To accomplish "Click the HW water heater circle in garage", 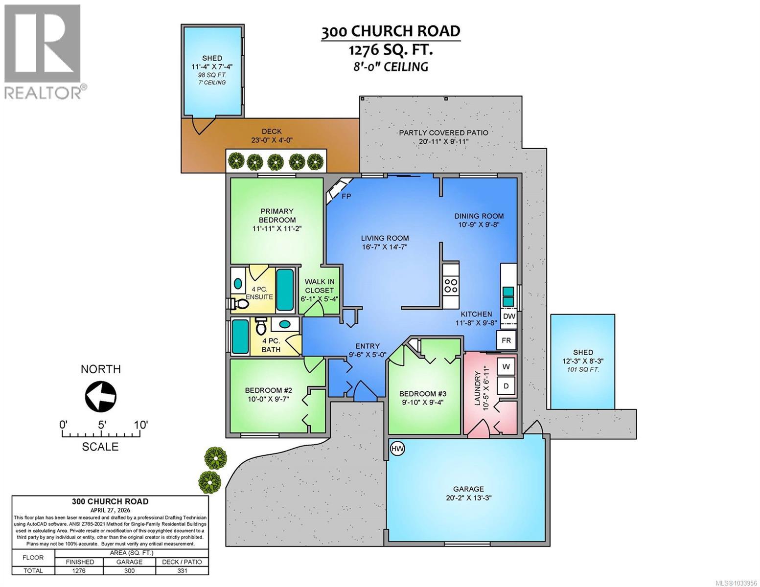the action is pos(397,449).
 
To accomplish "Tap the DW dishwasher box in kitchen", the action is pos(509,316).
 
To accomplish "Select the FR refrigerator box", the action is pos(506,340).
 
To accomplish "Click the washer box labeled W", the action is pos(506,367).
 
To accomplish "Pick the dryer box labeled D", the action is pos(506,386).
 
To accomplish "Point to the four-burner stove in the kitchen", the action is pos(450,285).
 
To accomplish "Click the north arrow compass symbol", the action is pos(101,396).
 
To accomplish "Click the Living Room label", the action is pos(385,238).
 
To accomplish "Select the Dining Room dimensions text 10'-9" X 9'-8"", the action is pos(479,225).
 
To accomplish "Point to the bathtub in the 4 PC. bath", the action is pos(240,337).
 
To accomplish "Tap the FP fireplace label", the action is pos(346,197).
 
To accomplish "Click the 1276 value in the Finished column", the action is pos(79,570).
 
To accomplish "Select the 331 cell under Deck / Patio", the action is pos(182,570).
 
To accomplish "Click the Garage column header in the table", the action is pos(129,562).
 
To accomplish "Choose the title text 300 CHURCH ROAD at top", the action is pos(391,31).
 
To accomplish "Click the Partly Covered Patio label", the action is pos(443,133).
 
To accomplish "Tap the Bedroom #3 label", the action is pos(422,394).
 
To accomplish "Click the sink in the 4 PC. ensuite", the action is pos(238,284).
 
